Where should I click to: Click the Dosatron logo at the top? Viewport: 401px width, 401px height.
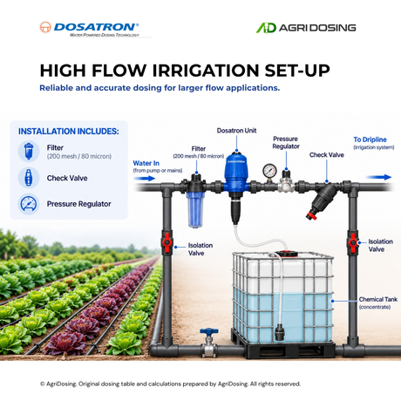point(89,29)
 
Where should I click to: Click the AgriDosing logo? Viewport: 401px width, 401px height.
point(306,28)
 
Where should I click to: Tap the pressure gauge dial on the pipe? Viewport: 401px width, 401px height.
point(269,170)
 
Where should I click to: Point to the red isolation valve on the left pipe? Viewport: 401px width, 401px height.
point(167,242)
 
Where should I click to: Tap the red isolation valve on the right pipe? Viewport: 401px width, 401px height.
point(352,242)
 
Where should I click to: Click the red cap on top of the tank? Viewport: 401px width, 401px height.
point(286,254)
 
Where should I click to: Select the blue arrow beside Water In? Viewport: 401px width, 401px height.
point(145,179)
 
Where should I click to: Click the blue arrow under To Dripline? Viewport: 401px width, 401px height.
point(378,177)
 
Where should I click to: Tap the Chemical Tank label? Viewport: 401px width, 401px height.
point(378,302)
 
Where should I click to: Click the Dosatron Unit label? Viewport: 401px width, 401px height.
point(236,131)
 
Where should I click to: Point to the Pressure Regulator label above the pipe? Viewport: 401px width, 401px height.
point(286,142)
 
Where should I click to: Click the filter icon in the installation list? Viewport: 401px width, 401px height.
point(29,151)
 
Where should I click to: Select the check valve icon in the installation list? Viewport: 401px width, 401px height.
point(29,178)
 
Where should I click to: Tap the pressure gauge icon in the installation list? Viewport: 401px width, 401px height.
point(29,204)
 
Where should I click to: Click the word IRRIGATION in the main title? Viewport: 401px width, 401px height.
point(206,71)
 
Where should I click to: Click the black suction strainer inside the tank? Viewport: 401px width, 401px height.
point(280,332)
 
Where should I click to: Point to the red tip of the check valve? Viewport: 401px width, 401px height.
point(311,216)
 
